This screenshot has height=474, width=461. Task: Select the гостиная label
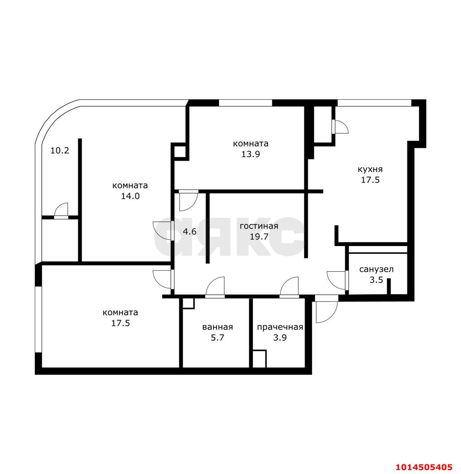click(x=259, y=226)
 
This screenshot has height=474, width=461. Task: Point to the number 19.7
click(x=259, y=237)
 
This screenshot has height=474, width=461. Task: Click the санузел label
click(x=376, y=269)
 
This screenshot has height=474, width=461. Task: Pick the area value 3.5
click(x=376, y=280)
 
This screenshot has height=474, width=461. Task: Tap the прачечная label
click(x=280, y=327)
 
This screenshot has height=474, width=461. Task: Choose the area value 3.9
click(x=280, y=337)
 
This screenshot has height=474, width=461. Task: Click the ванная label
click(x=218, y=327)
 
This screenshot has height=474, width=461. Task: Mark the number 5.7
click(x=218, y=337)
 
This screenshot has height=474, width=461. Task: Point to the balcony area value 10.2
click(x=60, y=151)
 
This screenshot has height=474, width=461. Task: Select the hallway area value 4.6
click(x=190, y=232)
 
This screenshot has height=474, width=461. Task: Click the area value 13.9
click(x=251, y=154)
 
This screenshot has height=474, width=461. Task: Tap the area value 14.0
click(x=130, y=196)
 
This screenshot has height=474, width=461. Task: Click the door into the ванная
click(x=215, y=287)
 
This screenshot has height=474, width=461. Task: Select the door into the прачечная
click(x=289, y=287)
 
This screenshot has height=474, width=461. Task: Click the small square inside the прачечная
click(x=259, y=359)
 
